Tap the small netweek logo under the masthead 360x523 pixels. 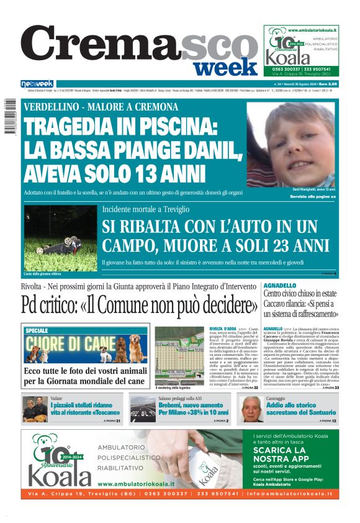coord(37,83)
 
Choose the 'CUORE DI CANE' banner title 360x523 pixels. coord(71,343)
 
